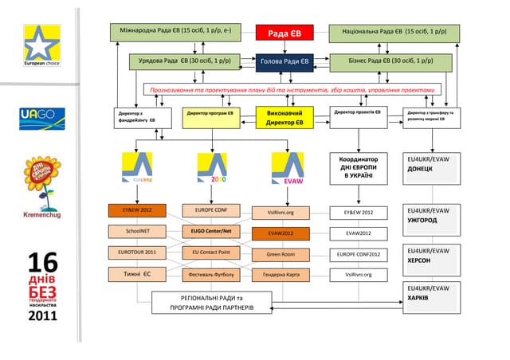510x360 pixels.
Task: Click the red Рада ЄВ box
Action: pos(283,33)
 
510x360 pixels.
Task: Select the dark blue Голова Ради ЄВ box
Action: pos(283,62)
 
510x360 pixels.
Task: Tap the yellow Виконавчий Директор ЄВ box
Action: pos(284,118)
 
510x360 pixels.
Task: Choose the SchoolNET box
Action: pos(137,232)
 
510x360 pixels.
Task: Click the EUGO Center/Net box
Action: pos(210,232)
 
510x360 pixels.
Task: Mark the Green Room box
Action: pos(280,255)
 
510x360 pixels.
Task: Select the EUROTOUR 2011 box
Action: pos(137,252)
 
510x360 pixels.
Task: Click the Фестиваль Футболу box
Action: pos(210,274)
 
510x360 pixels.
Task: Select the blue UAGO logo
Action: pos(37,115)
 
